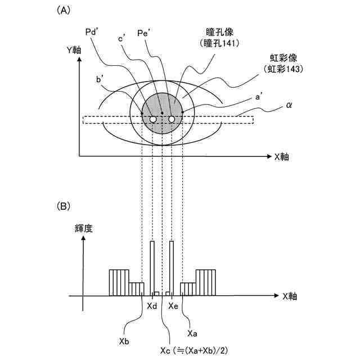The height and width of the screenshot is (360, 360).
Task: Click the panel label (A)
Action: point(64,10)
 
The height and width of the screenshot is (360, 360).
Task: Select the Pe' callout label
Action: point(145,34)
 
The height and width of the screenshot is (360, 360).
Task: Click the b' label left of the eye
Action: point(101,80)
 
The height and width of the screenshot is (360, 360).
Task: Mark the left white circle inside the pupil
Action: point(152,119)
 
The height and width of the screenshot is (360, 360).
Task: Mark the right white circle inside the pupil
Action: point(172,119)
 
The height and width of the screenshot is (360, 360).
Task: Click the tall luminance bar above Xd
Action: point(152,267)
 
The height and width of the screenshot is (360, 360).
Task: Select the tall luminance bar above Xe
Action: point(172,267)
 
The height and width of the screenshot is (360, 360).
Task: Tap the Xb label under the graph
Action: point(125,341)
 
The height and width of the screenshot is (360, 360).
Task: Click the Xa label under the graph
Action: point(192,333)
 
